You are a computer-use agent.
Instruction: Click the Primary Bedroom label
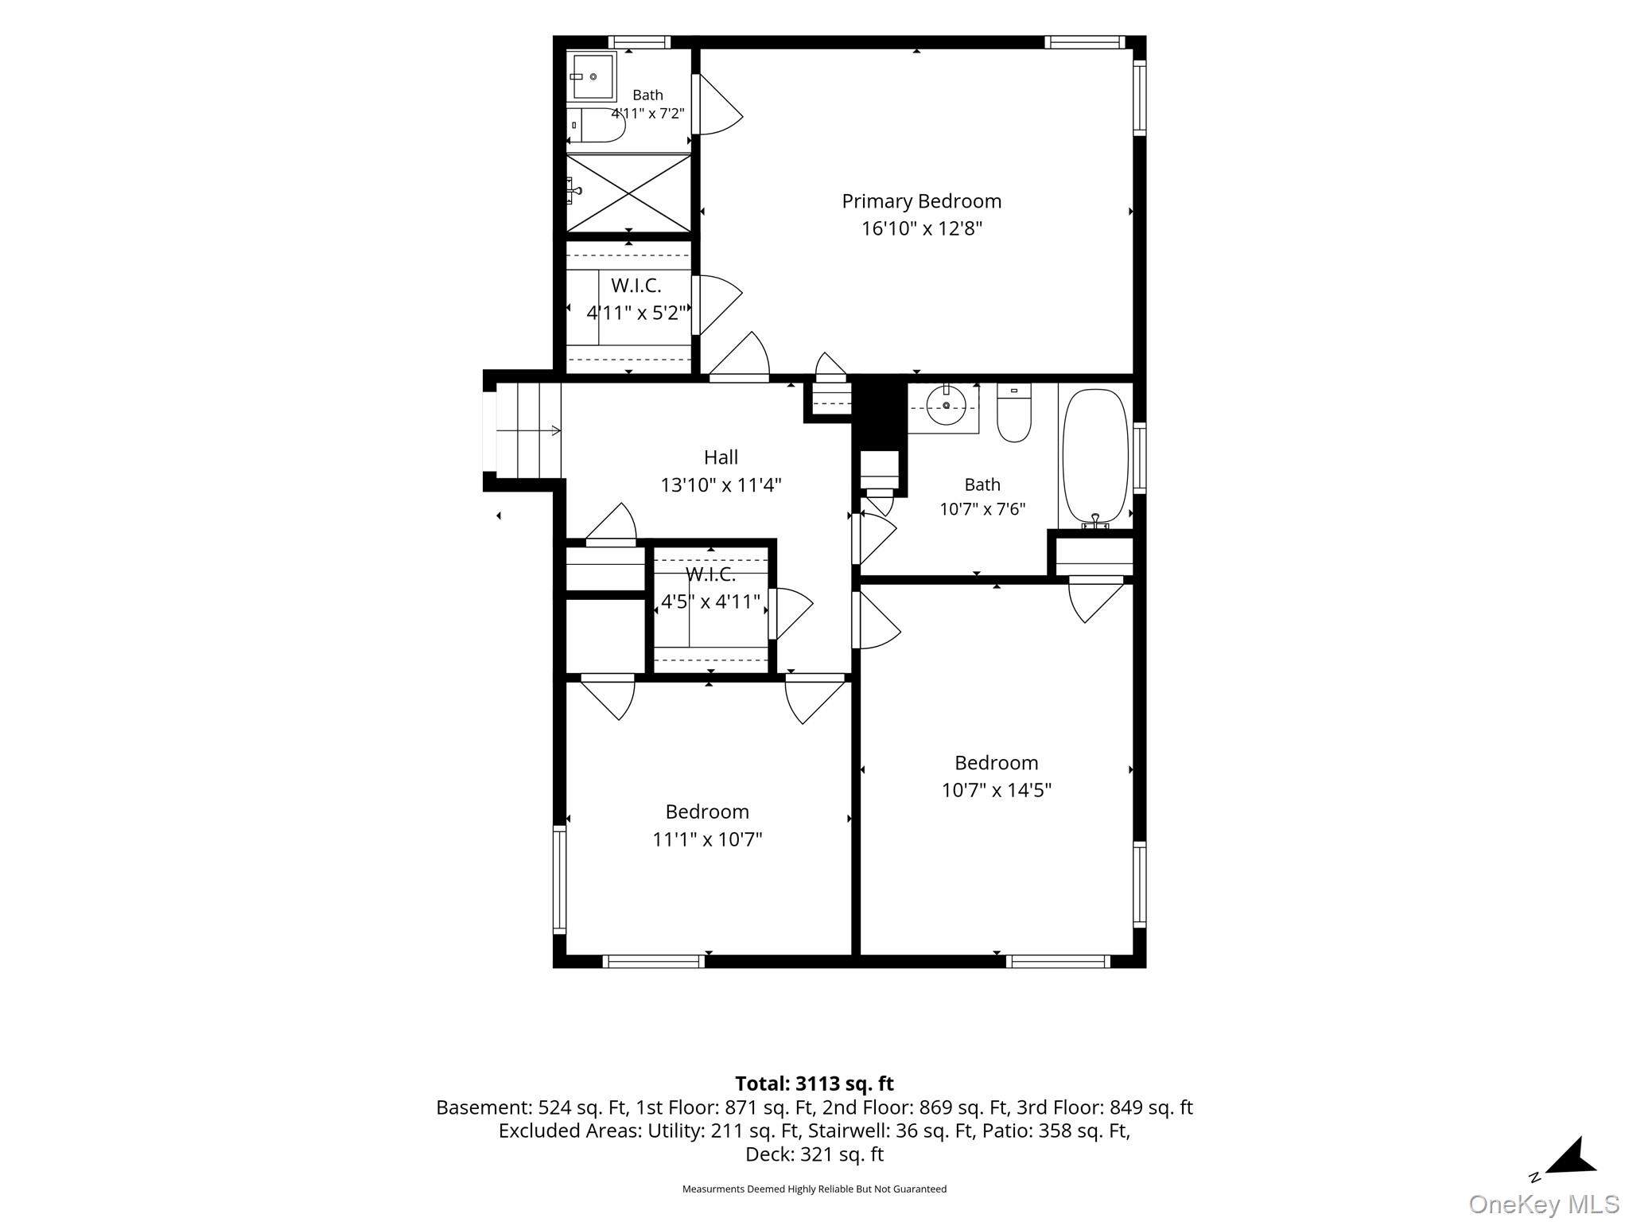(921, 202)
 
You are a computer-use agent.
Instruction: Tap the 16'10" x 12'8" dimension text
(922, 229)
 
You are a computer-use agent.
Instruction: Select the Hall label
(721, 457)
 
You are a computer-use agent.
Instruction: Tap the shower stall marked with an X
(628, 193)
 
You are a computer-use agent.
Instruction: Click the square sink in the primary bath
(592, 76)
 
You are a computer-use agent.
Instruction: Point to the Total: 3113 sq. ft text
(814, 1084)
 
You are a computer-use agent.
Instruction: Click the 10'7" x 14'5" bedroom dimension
(997, 790)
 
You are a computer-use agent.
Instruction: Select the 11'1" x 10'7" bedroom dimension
(707, 839)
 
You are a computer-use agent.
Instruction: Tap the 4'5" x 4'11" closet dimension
(710, 601)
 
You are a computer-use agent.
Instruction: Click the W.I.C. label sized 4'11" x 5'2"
(636, 285)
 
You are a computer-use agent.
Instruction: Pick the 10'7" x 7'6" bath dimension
(982, 509)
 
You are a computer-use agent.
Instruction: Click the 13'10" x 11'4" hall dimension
(721, 485)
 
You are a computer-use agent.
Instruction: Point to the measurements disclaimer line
(814, 1189)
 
